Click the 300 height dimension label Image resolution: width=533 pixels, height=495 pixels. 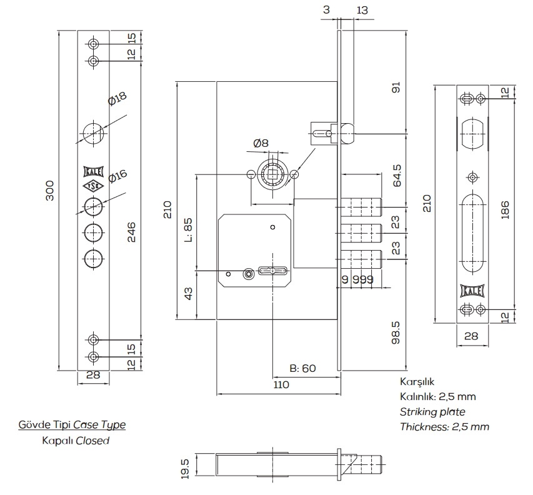click(51, 191)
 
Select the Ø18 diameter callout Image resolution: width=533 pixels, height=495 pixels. click(117, 99)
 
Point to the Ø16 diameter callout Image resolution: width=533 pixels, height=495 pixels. click(117, 177)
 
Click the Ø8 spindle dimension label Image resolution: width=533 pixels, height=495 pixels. click(261, 143)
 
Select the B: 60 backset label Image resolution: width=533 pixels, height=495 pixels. click(303, 368)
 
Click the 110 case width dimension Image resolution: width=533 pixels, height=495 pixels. click(281, 385)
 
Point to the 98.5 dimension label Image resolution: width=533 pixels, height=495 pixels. click(395, 332)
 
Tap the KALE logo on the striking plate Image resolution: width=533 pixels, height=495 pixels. click(473, 290)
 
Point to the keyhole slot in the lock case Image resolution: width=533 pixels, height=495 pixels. click(273, 271)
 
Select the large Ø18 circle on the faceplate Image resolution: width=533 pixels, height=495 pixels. click(93, 132)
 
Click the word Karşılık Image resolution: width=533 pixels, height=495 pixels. click(417, 381)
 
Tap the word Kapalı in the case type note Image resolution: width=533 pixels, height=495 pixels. click(57, 440)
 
